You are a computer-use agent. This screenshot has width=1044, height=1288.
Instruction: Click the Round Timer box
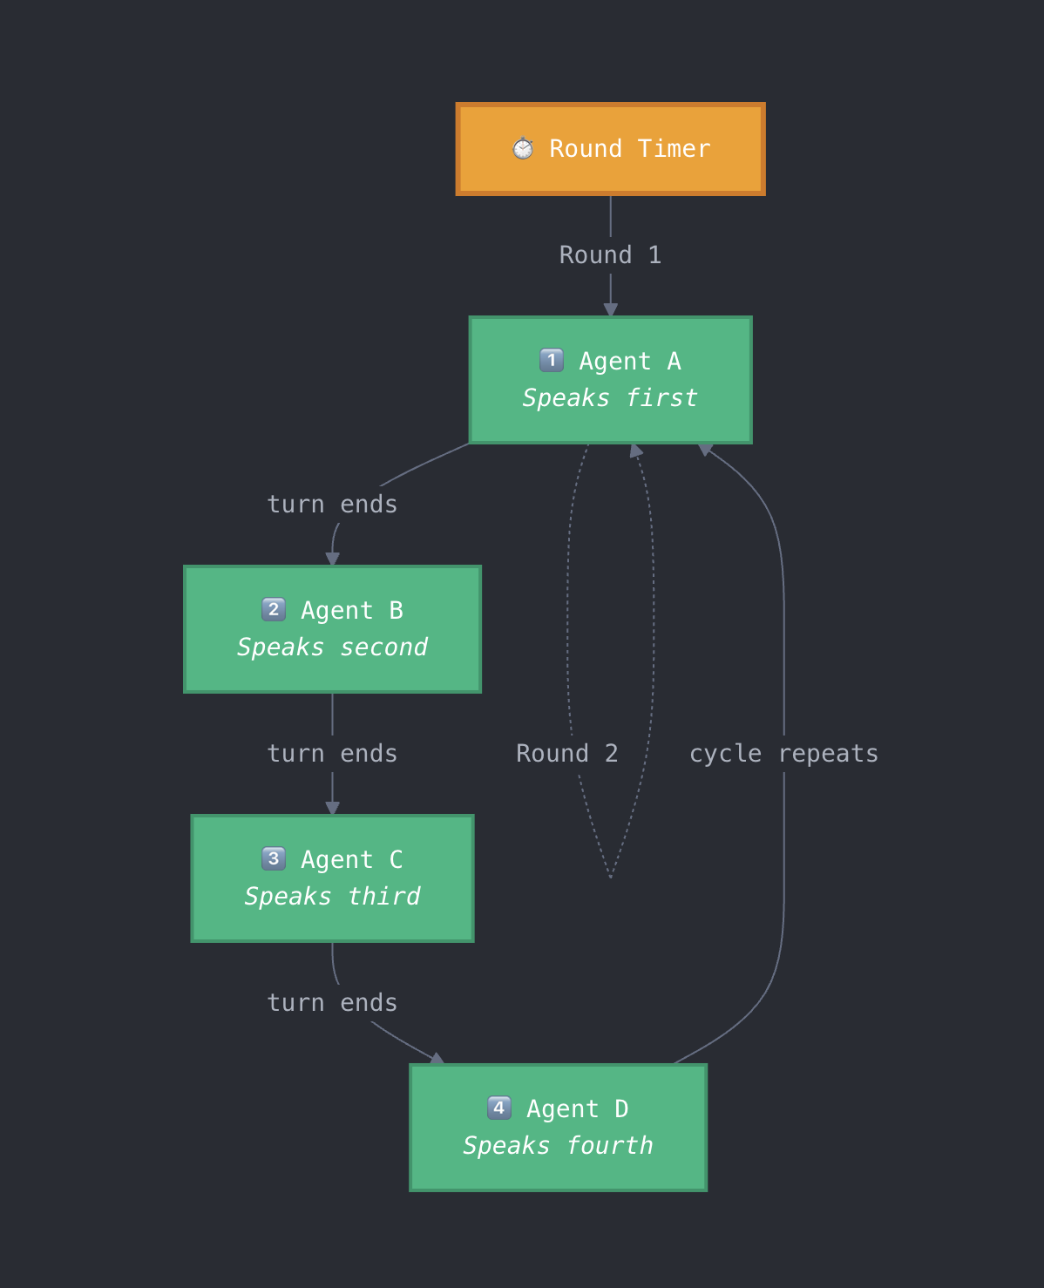(610, 149)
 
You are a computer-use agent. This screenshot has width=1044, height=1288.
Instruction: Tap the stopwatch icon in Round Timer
(523, 148)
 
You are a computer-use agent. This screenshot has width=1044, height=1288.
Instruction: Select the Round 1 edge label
(610, 255)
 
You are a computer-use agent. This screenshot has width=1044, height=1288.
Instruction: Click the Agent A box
(610, 380)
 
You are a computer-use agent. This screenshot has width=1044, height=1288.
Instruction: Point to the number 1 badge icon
(552, 360)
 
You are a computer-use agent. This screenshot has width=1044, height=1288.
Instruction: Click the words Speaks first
(610, 398)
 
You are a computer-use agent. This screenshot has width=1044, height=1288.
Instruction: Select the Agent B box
(332, 629)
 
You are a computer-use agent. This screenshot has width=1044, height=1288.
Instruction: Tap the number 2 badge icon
(274, 609)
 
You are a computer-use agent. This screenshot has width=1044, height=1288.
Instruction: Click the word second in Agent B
(383, 647)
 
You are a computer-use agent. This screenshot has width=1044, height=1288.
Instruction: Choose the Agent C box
(332, 878)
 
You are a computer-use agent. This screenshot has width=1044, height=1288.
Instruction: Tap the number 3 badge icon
(274, 858)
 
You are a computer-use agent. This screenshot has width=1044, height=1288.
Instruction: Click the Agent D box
(558, 1128)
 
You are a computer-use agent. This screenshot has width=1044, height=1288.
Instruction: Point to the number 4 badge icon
(499, 1108)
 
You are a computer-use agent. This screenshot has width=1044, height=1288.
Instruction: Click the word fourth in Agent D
(609, 1146)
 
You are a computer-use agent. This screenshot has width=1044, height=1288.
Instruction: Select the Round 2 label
(567, 754)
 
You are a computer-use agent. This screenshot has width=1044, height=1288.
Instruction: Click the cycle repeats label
(783, 754)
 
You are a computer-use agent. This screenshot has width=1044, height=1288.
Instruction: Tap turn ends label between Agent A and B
(332, 505)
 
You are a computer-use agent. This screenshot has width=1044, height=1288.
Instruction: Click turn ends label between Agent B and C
(332, 754)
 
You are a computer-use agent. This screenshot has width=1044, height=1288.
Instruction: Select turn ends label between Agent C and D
(332, 1003)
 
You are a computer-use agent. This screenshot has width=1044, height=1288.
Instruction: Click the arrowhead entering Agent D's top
(437, 1059)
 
